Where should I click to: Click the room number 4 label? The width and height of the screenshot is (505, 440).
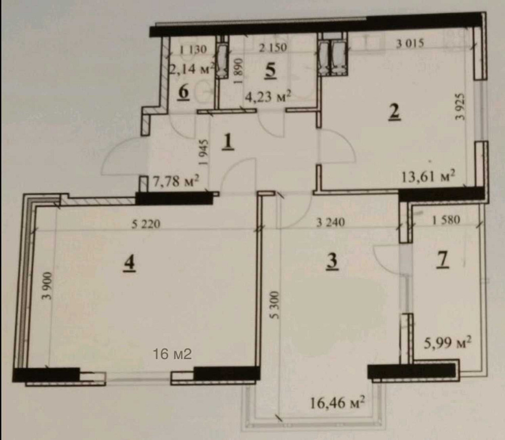click(129, 263)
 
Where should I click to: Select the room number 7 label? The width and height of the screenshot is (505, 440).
click(443, 259)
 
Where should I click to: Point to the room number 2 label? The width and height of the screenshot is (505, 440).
click(394, 112)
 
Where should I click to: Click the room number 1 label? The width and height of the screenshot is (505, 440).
click(228, 142)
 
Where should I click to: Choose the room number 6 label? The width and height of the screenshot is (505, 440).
click(183, 92)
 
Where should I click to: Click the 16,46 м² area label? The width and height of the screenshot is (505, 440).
click(337, 402)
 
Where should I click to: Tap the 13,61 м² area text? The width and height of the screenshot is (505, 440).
click(429, 176)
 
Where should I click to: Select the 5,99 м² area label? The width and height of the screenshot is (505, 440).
click(447, 343)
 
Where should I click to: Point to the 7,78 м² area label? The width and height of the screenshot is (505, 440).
click(176, 181)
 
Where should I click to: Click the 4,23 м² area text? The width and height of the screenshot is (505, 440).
click(268, 96)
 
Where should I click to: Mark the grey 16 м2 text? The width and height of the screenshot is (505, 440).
click(172, 354)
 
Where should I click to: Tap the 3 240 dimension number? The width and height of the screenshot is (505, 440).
click(331, 222)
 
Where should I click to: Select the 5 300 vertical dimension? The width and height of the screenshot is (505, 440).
click(274, 305)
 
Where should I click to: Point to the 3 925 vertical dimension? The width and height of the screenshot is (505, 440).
click(461, 106)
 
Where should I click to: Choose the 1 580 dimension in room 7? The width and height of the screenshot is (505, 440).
click(446, 220)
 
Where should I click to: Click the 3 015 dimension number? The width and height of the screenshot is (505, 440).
click(410, 43)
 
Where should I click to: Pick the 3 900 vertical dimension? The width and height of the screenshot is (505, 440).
click(47, 286)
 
